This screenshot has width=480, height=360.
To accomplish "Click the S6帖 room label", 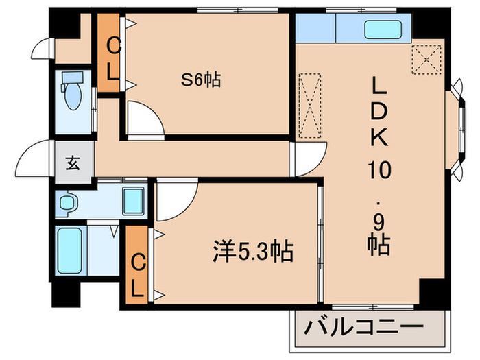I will coord(200,81).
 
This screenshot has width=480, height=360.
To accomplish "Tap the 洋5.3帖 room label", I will coord(251,252).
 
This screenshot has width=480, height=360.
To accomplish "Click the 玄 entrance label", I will coord(72,163).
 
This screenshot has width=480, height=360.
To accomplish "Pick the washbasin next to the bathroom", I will coord(67,203).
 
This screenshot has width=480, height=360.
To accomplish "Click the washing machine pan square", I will coord(134,200).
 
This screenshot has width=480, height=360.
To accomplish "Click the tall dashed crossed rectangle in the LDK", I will coord(311,106).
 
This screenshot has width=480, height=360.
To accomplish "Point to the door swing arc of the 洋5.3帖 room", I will coord(175,199).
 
